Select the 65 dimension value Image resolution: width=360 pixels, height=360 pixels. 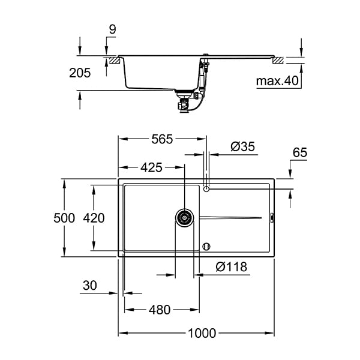(x=299, y=153)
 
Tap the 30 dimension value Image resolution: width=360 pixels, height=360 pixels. (x=90, y=286)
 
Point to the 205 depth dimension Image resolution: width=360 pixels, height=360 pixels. (x=80, y=73)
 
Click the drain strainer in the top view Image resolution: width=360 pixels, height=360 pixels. (x=185, y=217)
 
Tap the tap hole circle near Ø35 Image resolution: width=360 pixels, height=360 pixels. (x=207, y=190)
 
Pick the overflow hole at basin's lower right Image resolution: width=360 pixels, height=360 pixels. (x=207, y=246)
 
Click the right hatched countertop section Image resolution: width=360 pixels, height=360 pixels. (x=279, y=60)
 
